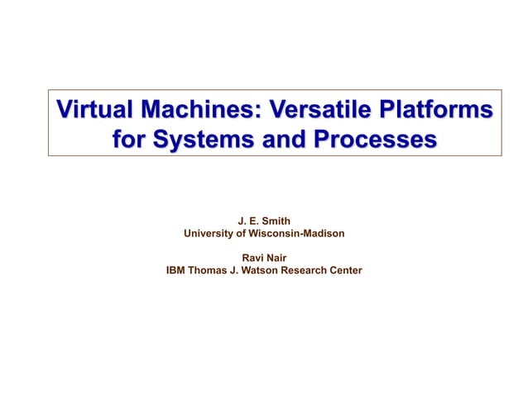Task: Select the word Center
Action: [348, 270]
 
